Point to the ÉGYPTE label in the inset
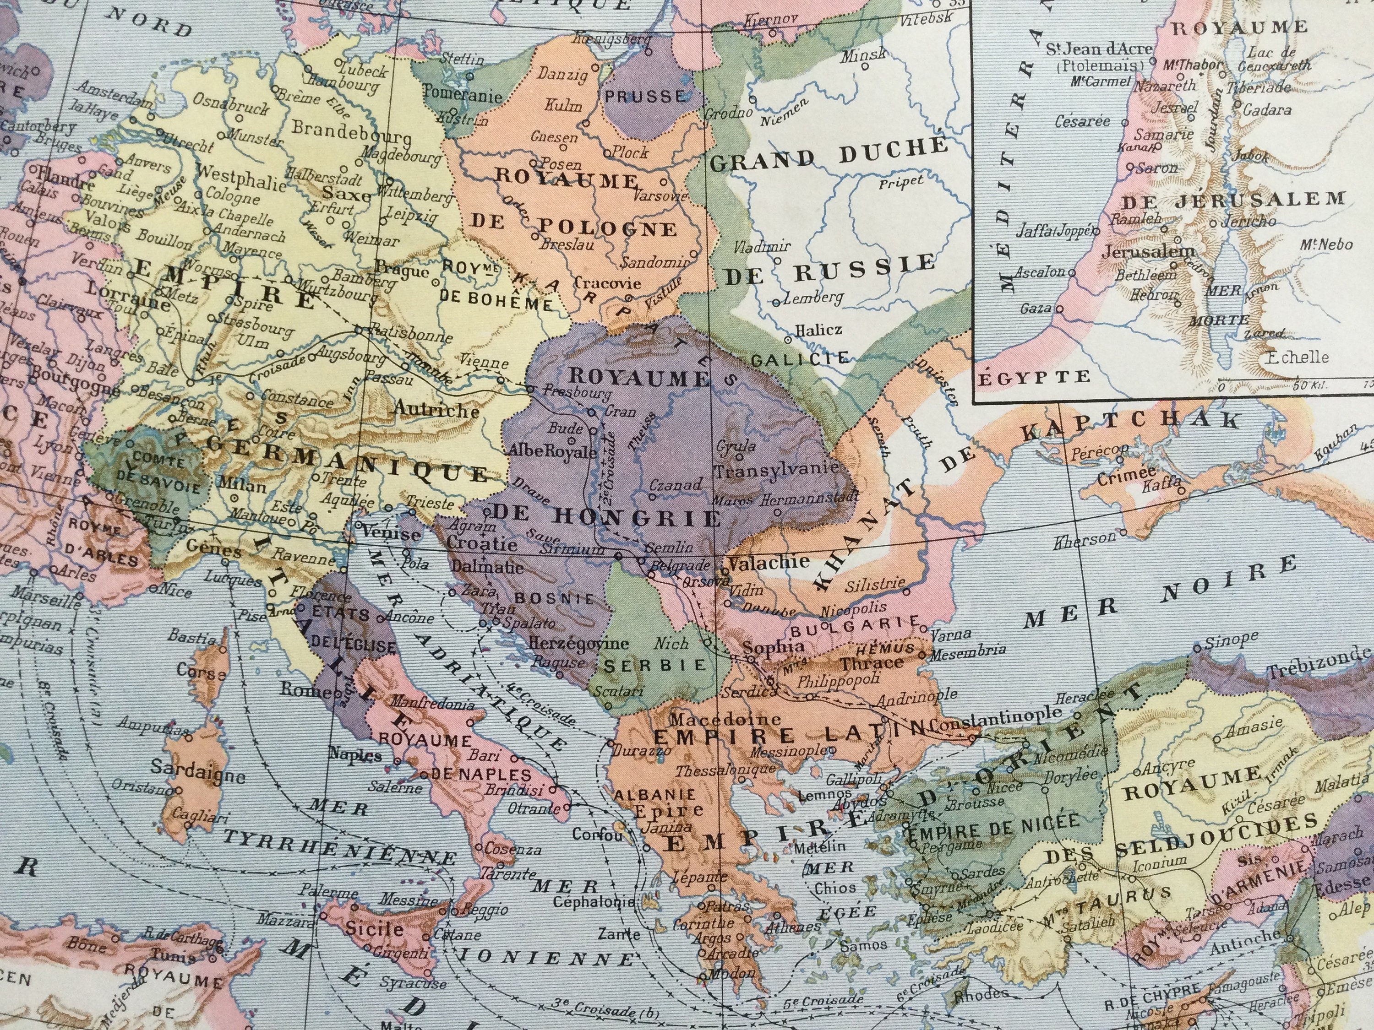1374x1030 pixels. click(1035, 376)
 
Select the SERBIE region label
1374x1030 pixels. click(655, 665)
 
